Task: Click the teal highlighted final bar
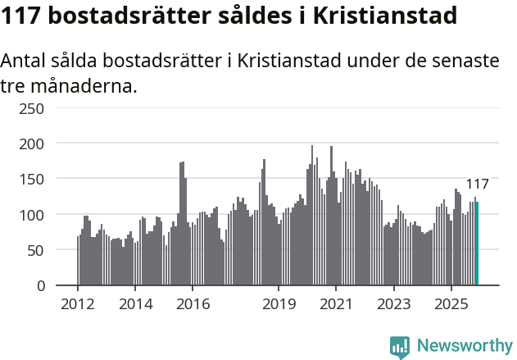[x=477, y=244]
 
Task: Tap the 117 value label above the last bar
[x=477, y=184]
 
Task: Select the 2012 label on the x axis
[x=78, y=304]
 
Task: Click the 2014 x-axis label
[x=135, y=304]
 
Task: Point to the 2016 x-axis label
[x=193, y=304]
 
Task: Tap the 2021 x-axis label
[x=336, y=304]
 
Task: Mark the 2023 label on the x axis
[x=393, y=304]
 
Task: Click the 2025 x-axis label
[x=451, y=304]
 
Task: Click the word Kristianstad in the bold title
[x=387, y=16]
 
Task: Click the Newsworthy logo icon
[x=400, y=347]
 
